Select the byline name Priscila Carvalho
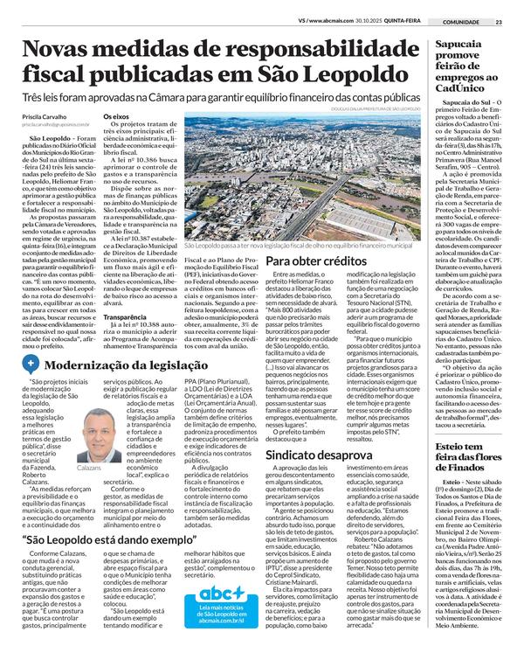pos(51,115)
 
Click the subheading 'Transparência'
pos(123,317)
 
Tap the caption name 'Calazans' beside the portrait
pos(89,469)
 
